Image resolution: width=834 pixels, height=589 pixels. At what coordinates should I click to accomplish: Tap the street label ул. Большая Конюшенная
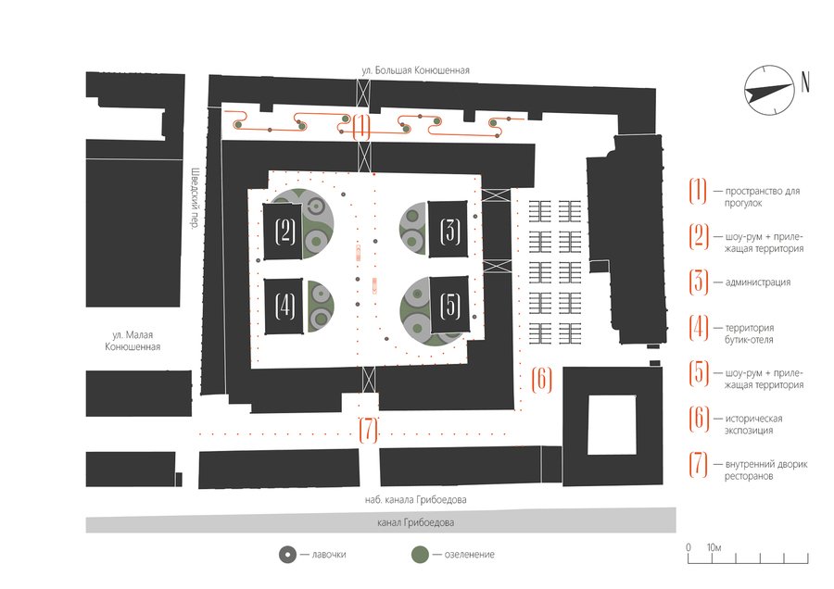[x=417, y=69]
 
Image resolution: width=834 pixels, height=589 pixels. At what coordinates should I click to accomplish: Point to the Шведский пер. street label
[x=196, y=197]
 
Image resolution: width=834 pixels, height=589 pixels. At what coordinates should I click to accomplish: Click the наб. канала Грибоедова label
[x=416, y=500]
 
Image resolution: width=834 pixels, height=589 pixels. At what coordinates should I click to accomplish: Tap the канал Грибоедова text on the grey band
[x=416, y=524]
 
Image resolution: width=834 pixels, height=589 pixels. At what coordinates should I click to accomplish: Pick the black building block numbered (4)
[x=285, y=306]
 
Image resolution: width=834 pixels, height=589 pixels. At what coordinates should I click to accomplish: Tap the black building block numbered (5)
[x=450, y=306]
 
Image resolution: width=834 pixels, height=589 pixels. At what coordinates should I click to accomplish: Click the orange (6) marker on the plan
[x=543, y=378]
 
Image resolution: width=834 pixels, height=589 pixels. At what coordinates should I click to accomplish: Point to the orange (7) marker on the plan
[x=368, y=430]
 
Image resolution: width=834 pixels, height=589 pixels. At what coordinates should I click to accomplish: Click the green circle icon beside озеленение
[x=421, y=555]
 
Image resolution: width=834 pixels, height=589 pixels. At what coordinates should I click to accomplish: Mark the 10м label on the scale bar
[x=714, y=547]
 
